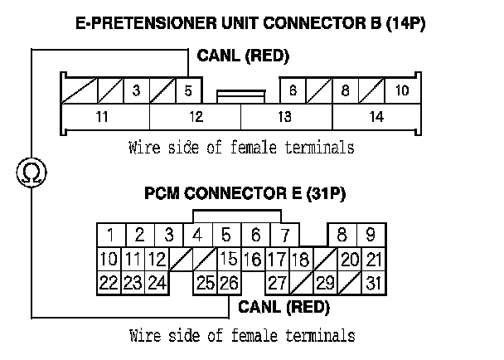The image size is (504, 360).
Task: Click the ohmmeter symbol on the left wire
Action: click(32, 172)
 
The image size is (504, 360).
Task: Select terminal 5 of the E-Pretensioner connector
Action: click(189, 90)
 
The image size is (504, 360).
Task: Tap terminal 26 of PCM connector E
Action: click(228, 283)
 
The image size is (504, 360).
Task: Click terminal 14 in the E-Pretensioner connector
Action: click(376, 117)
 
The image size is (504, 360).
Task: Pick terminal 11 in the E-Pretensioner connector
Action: click(101, 117)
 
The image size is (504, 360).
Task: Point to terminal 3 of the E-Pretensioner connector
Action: click(136, 90)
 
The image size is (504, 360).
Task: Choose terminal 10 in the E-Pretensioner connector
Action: click(401, 90)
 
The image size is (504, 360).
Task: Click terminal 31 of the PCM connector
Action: click(375, 283)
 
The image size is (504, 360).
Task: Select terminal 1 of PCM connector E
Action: click(110, 235)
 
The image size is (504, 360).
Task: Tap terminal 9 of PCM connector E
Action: click(371, 235)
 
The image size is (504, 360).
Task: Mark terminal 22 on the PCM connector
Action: click(109, 283)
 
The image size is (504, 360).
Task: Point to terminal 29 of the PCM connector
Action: click(325, 283)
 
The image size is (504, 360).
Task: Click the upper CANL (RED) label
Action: click(243, 56)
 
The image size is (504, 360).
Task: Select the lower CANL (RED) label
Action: click(283, 308)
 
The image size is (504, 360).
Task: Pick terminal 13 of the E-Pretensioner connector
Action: click(284, 117)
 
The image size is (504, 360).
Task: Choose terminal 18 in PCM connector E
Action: click(301, 259)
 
